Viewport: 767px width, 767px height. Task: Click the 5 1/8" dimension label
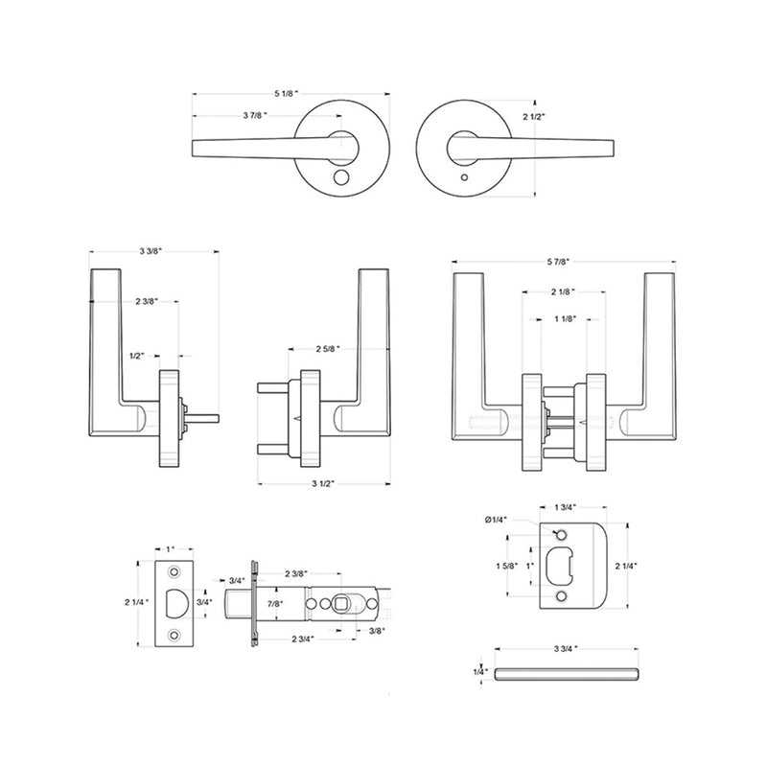point(286,94)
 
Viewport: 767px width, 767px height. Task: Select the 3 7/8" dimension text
point(254,115)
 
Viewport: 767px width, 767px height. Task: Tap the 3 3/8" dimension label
point(149,251)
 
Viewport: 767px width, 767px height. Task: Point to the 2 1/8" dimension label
point(563,291)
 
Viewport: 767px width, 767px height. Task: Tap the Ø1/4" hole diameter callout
point(498,521)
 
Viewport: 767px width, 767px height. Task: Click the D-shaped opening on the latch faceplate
point(176,602)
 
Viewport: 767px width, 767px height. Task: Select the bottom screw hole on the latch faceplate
point(175,636)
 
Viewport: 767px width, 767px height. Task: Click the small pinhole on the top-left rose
point(342,178)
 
